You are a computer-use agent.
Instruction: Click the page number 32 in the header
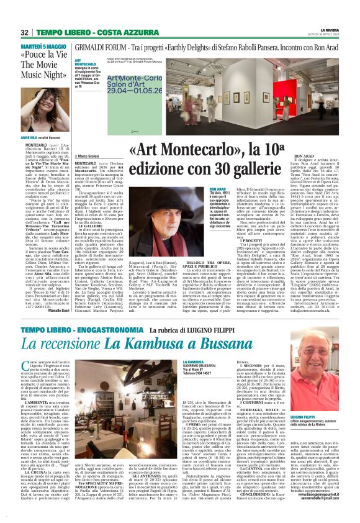[x=24, y=32]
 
